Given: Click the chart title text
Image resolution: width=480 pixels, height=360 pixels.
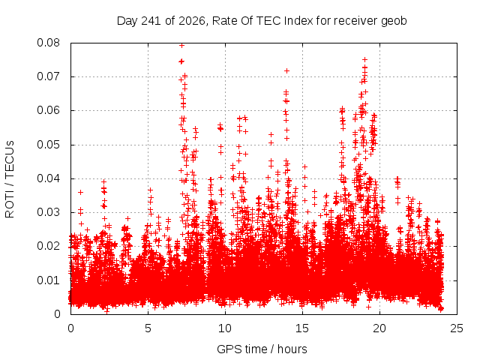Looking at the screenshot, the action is coord(262,21).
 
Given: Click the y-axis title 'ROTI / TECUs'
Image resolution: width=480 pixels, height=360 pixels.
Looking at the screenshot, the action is coord(10,179).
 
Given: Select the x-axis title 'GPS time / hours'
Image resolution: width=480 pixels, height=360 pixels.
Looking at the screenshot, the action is coord(262,349).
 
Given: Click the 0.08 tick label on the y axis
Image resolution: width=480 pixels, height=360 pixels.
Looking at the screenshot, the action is coord(48,43).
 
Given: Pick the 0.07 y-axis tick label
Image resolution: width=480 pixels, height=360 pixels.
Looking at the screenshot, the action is coord(48,76).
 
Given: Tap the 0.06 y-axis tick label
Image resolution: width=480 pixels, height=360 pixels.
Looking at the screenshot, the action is coord(48,110).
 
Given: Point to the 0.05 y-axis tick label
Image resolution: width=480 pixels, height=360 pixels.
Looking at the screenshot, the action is coord(48,145).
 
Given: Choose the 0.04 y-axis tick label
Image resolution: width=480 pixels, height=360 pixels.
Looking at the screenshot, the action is coord(48,178).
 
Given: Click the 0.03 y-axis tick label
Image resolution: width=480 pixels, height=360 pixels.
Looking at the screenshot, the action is coord(48,212).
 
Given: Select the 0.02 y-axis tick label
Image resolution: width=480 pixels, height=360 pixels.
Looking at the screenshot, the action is coord(48,246).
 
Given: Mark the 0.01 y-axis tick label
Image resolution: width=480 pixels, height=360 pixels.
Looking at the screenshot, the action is coord(48,280).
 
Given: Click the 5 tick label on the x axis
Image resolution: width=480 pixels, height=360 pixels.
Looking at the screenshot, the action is coord(148,328).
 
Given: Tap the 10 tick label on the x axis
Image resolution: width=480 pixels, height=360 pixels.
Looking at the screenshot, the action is coord(225,328).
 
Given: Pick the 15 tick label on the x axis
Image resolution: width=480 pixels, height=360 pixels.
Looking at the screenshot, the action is coord(302,328).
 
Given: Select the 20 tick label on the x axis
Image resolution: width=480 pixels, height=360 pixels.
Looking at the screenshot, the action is coord(379,328).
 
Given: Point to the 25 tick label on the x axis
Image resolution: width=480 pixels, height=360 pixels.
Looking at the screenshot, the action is coord(457,328).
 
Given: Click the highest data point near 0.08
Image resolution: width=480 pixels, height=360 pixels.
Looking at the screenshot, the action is coord(181,46).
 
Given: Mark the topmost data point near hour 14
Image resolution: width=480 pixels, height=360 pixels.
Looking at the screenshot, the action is coord(286,71).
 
